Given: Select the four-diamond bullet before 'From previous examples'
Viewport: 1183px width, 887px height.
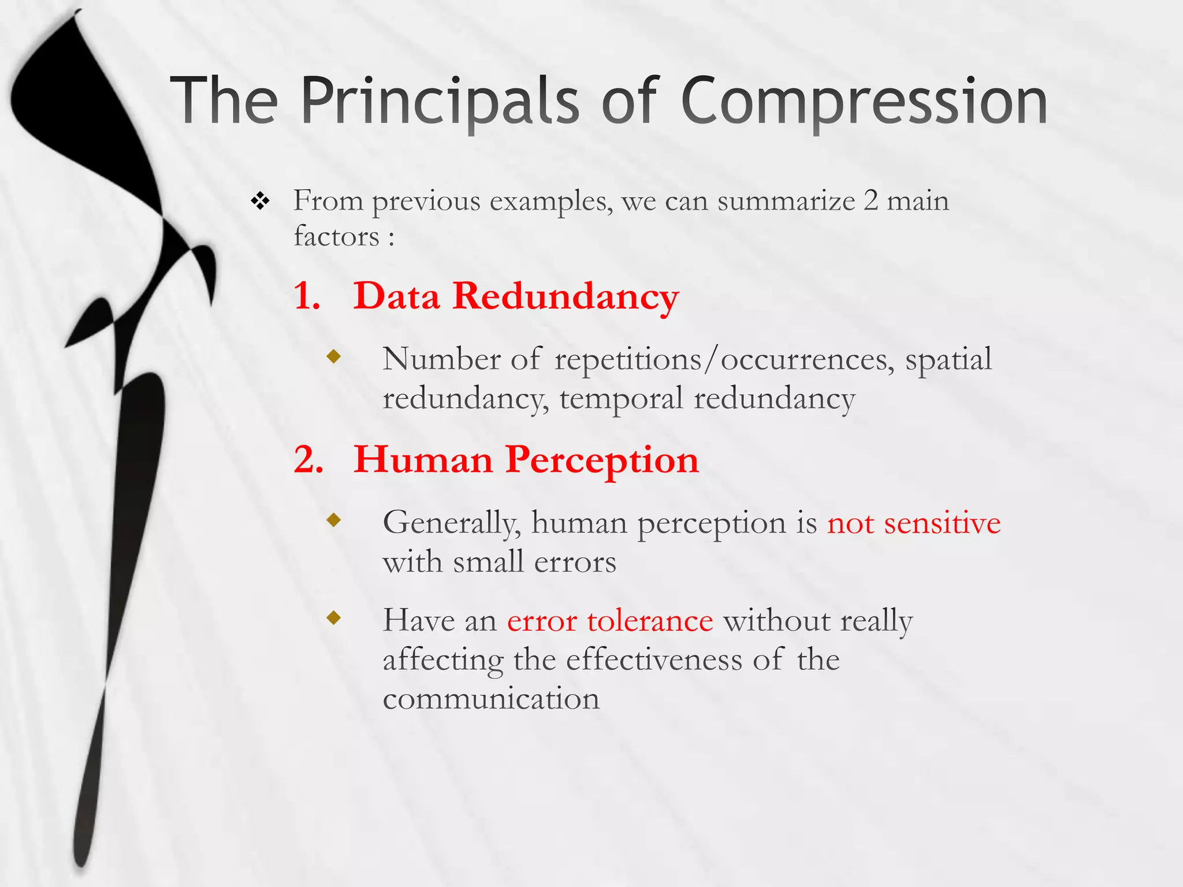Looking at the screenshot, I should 261,202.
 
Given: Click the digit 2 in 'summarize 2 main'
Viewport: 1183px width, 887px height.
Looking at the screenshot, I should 870,201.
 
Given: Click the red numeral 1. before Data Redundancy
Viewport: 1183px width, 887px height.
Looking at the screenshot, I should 307,296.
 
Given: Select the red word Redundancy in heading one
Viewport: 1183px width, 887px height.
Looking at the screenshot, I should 566,296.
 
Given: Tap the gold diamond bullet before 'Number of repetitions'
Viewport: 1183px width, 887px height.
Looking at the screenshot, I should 334,356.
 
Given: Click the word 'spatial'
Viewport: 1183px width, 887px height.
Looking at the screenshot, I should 948,359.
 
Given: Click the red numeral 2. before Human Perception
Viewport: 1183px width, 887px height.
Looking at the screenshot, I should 308,460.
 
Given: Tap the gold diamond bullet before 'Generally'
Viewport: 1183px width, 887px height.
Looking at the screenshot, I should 334,520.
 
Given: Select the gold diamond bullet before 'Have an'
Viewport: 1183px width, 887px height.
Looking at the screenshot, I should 334,618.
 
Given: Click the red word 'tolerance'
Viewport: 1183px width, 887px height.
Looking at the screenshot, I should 650,621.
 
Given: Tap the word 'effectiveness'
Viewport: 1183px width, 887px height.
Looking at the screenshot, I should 654,660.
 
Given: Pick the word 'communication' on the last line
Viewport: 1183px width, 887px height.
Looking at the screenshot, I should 491,699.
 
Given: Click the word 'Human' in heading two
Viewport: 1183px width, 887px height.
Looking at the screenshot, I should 423,460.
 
